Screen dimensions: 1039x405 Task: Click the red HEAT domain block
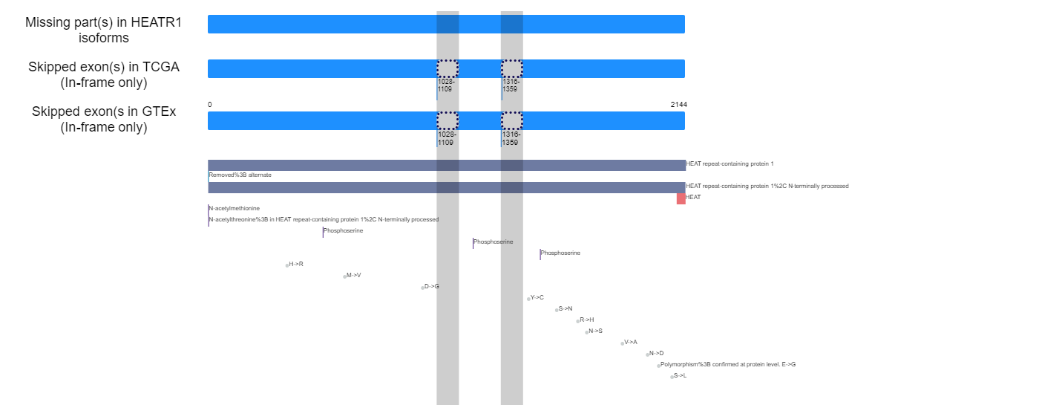[x=681, y=199]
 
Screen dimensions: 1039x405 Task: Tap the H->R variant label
[x=296, y=265]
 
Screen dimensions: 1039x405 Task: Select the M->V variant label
[x=353, y=276]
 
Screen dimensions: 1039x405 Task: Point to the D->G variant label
[x=431, y=287]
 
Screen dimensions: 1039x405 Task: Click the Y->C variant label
[x=537, y=298]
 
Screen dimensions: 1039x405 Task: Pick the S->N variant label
[x=566, y=309]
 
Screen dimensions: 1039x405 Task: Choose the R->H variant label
[x=587, y=320]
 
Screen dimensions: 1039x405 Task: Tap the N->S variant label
[x=595, y=331]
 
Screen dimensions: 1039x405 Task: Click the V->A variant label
[x=631, y=343]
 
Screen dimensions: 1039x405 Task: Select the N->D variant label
[x=656, y=354]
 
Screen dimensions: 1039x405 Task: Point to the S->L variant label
[x=680, y=376]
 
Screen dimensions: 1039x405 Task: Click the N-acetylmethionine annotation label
[x=235, y=209]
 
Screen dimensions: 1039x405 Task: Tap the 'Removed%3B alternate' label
[x=240, y=175]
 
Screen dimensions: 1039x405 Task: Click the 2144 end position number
[x=678, y=105]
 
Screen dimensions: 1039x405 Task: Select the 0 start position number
[x=209, y=105]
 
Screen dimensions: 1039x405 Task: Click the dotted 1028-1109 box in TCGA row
[x=448, y=60]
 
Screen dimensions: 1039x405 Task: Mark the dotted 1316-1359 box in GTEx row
[x=511, y=112]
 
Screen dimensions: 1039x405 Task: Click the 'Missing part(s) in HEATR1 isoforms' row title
[x=103, y=30]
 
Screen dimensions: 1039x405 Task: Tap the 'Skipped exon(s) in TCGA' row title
[x=104, y=67]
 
